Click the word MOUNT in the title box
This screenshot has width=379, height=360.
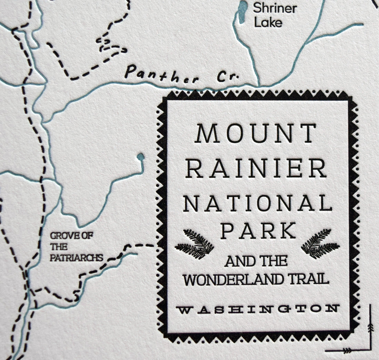click(x=256, y=134)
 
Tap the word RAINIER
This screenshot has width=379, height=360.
click(x=258, y=169)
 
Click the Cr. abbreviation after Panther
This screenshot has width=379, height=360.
click(x=228, y=78)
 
